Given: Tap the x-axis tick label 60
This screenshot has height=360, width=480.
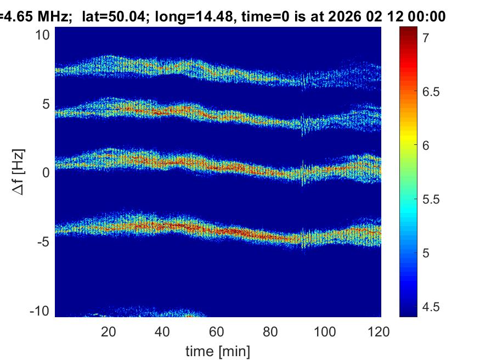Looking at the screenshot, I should [217, 331].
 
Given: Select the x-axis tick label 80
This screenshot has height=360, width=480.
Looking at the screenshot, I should [272, 331].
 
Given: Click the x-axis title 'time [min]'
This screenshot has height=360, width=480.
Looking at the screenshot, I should [217, 350].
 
